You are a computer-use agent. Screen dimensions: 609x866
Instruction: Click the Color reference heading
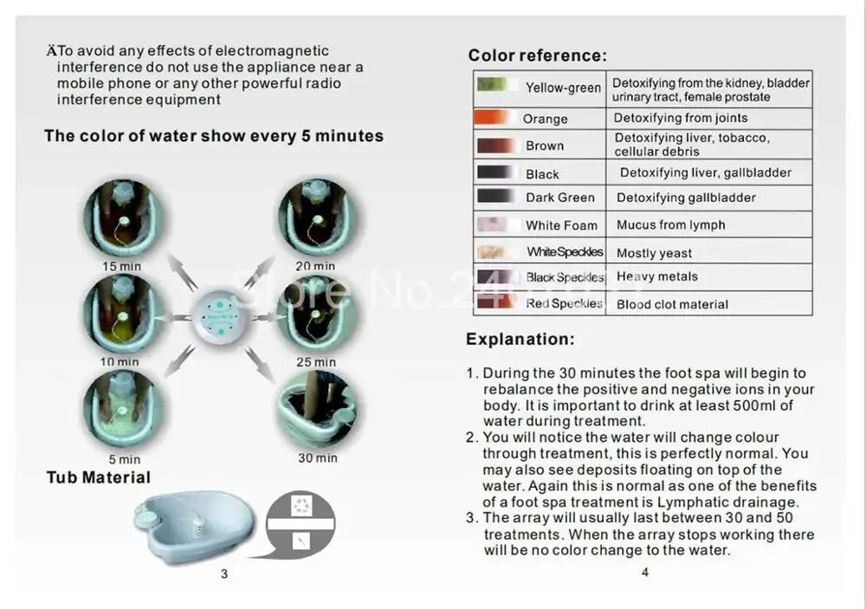(x=537, y=55)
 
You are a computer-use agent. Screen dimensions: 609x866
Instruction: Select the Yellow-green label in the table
(x=563, y=87)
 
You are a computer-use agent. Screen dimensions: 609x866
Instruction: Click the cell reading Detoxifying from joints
(x=681, y=118)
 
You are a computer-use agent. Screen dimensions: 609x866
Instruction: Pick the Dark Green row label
(x=559, y=198)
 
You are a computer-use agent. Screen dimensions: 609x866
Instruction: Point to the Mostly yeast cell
(x=654, y=253)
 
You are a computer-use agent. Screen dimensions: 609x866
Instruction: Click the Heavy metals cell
(x=657, y=277)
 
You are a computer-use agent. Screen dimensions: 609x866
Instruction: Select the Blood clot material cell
(x=672, y=304)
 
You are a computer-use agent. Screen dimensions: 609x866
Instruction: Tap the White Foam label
(x=561, y=225)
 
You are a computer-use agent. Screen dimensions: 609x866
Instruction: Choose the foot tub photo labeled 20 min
(x=314, y=220)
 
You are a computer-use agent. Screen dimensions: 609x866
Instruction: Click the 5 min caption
(x=124, y=459)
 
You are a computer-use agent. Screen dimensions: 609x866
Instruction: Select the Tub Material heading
(x=98, y=477)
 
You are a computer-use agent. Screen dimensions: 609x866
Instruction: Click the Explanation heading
(x=520, y=339)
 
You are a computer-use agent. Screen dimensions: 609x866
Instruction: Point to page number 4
(x=644, y=572)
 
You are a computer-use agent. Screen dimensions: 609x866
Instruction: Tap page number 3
(x=224, y=573)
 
